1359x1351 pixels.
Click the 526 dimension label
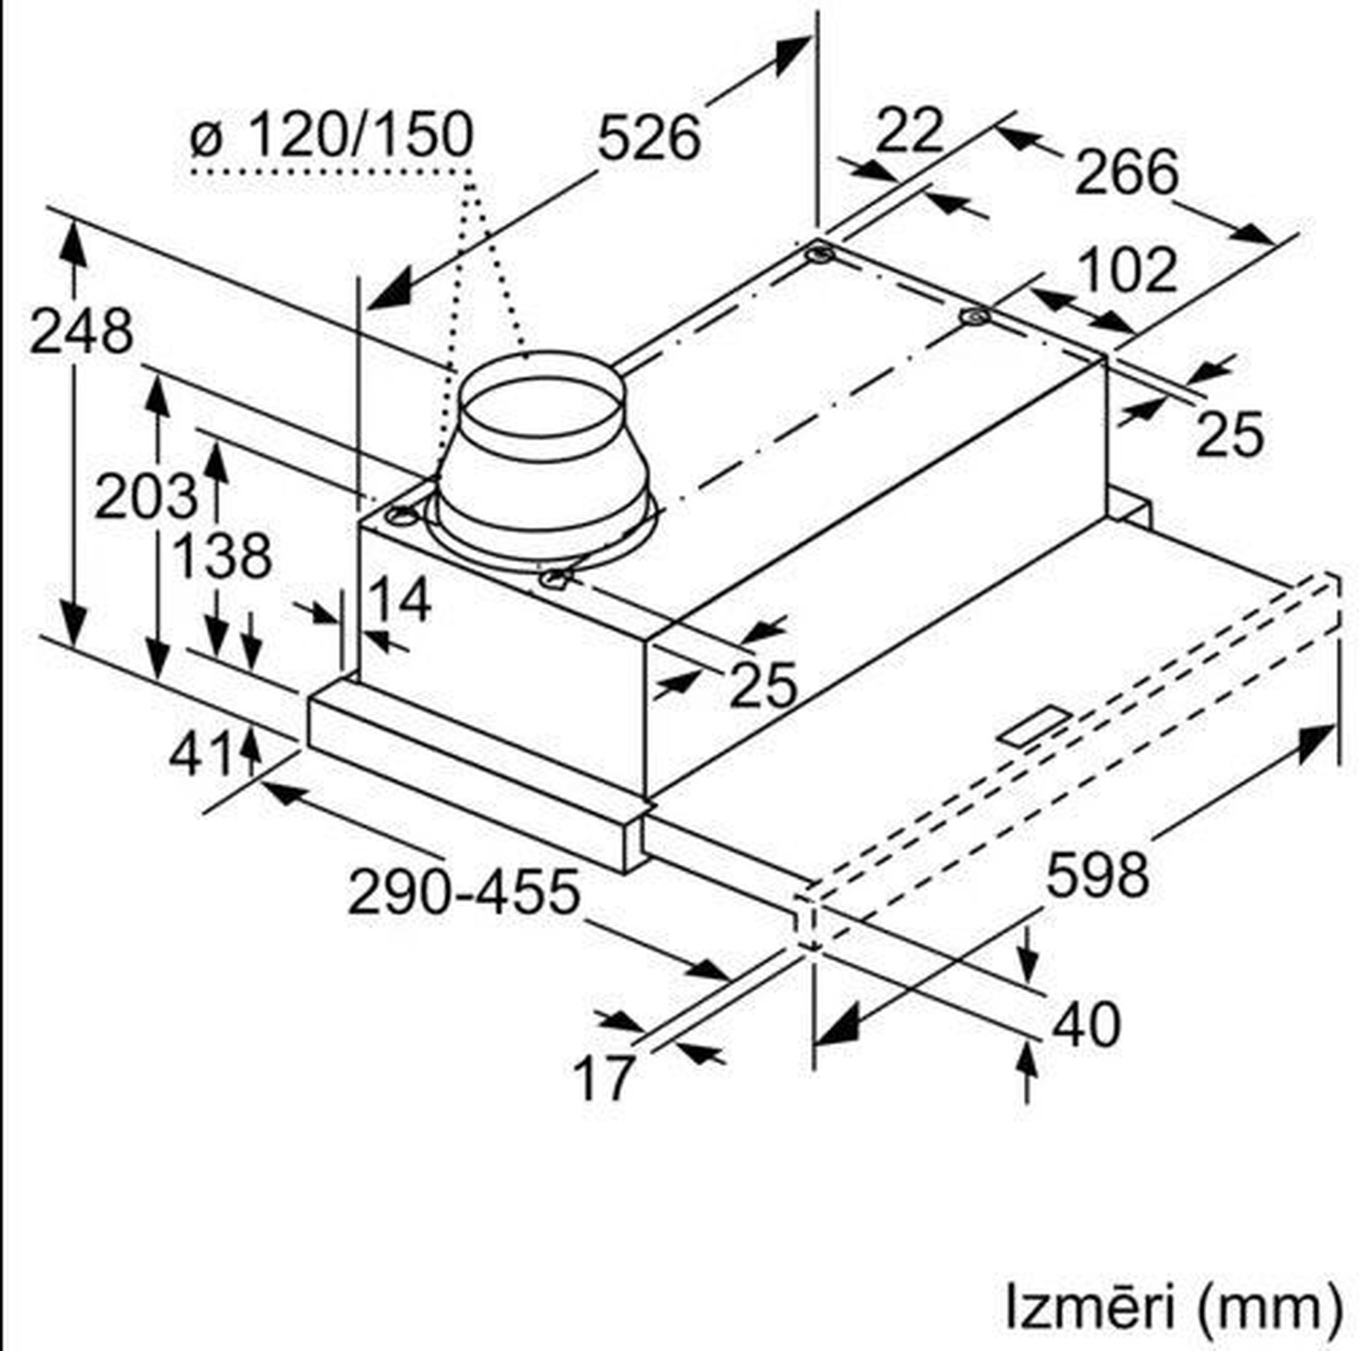pyautogui.click(x=648, y=138)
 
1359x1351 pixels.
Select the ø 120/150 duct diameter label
pyautogui.click(x=332, y=134)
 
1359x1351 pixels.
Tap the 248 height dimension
pyautogui.click(x=81, y=332)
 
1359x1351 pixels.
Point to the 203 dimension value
pyautogui.click(x=145, y=497)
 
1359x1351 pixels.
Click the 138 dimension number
pyautogui.click(x=222, y=556)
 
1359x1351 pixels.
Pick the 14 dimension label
pyautogui.click(x=399, y=599)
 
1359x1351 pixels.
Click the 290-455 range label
pyautogui.click(x=464, y=892)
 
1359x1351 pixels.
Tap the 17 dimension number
pyautogui.click(x=604, y=1078)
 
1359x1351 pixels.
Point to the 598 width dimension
pyautogui.click(x=1097, y=875)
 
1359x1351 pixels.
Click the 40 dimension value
pyautogui.click(x=1086, y=1025)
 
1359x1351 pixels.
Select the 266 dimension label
pyautogui.click(x=1127, y=172)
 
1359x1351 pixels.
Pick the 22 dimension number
pyautogui.click(x=908, y=130)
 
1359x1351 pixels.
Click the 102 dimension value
pyautogui.click(x=1127, y=270)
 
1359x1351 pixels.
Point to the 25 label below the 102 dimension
pyautogui.click(x=1230, y=434)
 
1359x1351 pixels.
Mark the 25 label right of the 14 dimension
pyautogui.click(x=763, y=684)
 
